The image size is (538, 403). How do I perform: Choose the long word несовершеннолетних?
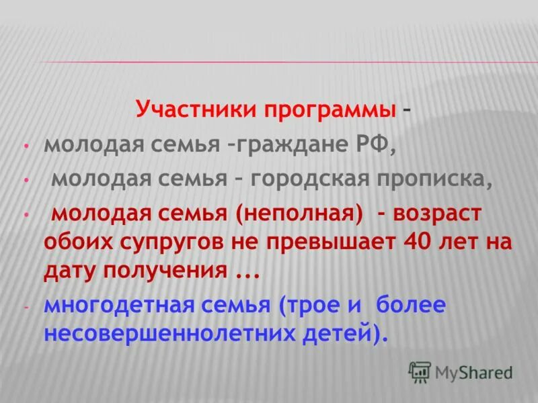(x=173, y=334)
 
